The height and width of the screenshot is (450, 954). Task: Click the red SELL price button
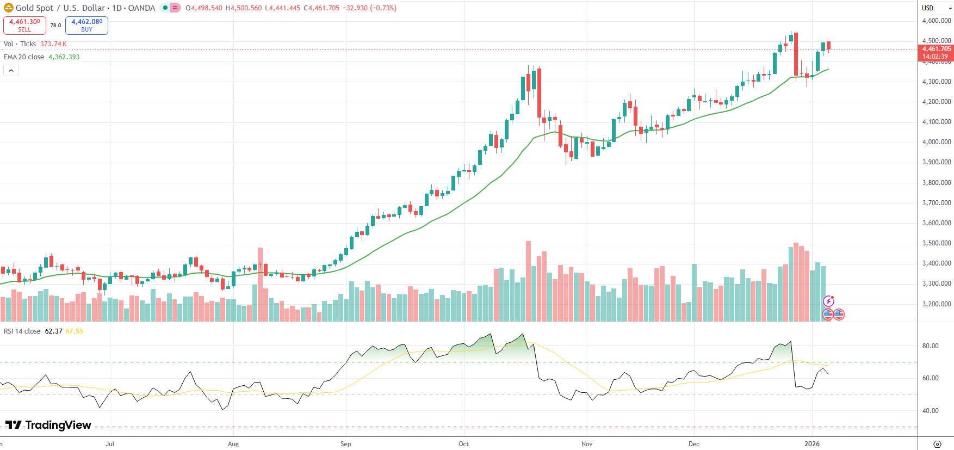24,25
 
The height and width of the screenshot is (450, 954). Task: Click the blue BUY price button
86,25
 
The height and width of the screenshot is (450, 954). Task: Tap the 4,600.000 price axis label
936,21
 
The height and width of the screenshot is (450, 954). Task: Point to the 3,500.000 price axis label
936,243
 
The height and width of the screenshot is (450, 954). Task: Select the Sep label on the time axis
345,444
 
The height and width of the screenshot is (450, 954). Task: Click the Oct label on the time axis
463,444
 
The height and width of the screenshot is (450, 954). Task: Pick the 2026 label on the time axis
811,444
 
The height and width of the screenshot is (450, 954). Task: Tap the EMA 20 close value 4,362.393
64,57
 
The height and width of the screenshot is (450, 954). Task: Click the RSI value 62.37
53,331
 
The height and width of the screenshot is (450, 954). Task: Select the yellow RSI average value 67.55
75,331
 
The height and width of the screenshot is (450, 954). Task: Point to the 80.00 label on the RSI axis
930,346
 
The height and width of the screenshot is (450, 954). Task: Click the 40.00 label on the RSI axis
930,411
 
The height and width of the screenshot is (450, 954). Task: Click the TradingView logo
48,425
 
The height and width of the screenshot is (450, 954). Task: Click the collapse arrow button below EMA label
11,71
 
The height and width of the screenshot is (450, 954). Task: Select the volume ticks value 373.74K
53,44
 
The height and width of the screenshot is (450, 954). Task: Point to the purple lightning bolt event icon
828,301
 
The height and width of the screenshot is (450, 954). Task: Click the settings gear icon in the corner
937,444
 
